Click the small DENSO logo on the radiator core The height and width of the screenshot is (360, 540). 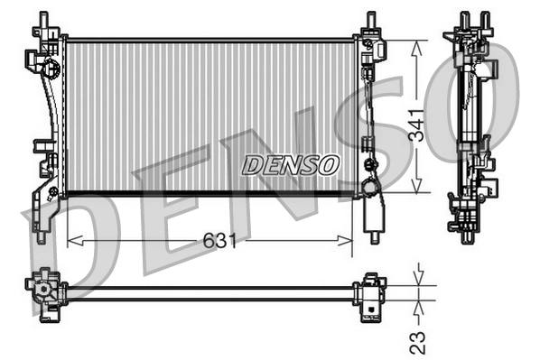click(291, 165)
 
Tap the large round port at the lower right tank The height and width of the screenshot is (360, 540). click(370, 187)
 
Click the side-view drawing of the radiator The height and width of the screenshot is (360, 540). click(469, 126)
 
